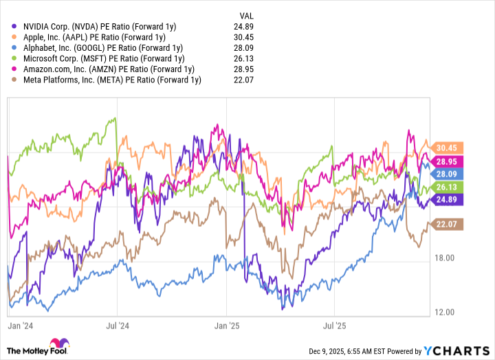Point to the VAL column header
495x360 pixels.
245,14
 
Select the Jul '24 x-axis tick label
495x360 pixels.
118,321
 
